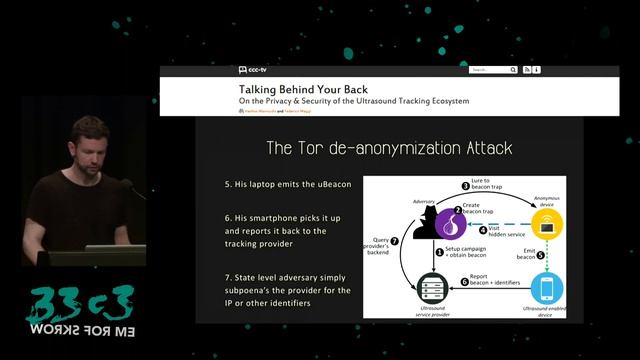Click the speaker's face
click(90, 145)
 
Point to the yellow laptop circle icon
click(545, 223)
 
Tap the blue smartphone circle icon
click(545, 289)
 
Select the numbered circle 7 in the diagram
click(395, 241)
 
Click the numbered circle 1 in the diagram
click(437, 253)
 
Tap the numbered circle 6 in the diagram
click(464, 283)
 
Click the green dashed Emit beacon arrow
click(545, 256)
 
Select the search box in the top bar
click(489, 70)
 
